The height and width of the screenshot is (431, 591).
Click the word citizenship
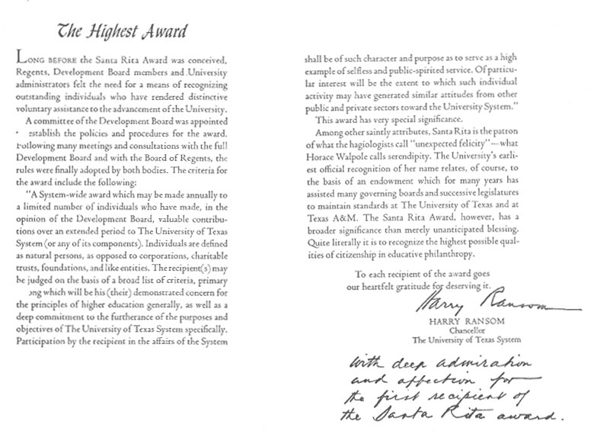(x=343, y=254)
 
